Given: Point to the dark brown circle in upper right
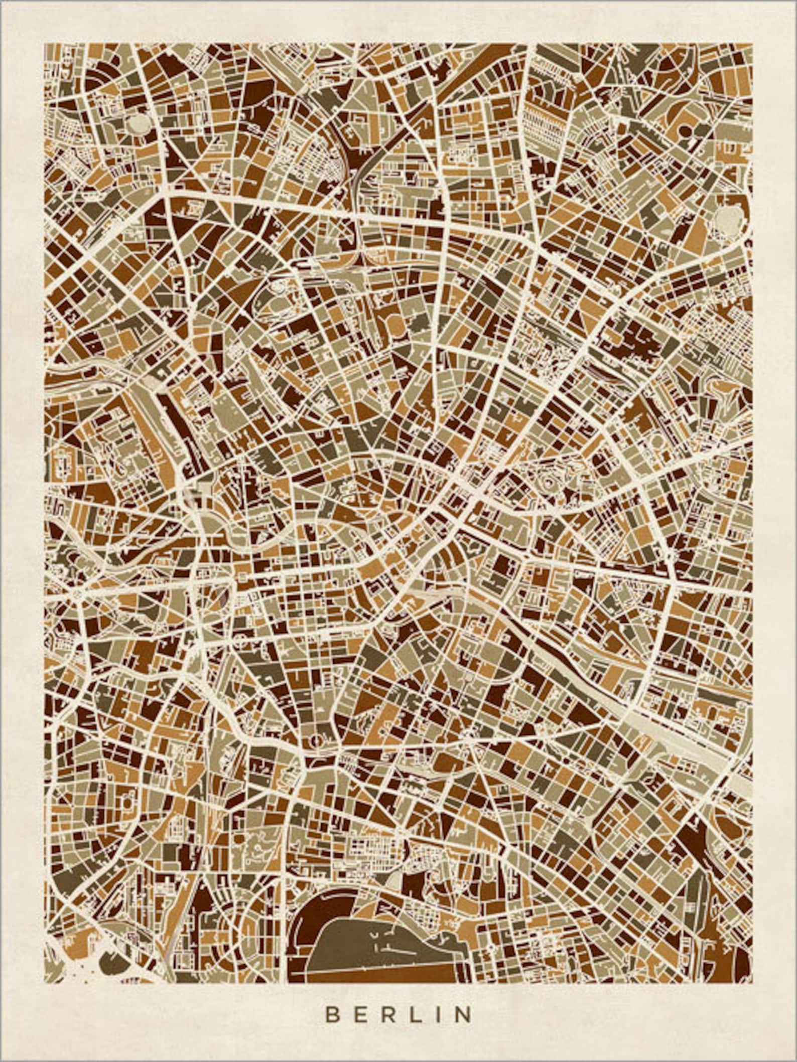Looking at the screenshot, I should click(x=685, y=132).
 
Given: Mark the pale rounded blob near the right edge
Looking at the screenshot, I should click(x=724, y=217).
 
